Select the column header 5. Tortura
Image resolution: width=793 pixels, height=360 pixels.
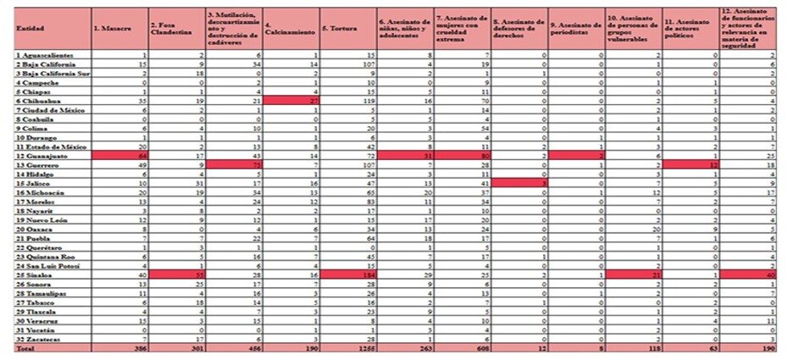point(340,29)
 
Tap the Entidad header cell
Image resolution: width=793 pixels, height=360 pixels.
point(25,29)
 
